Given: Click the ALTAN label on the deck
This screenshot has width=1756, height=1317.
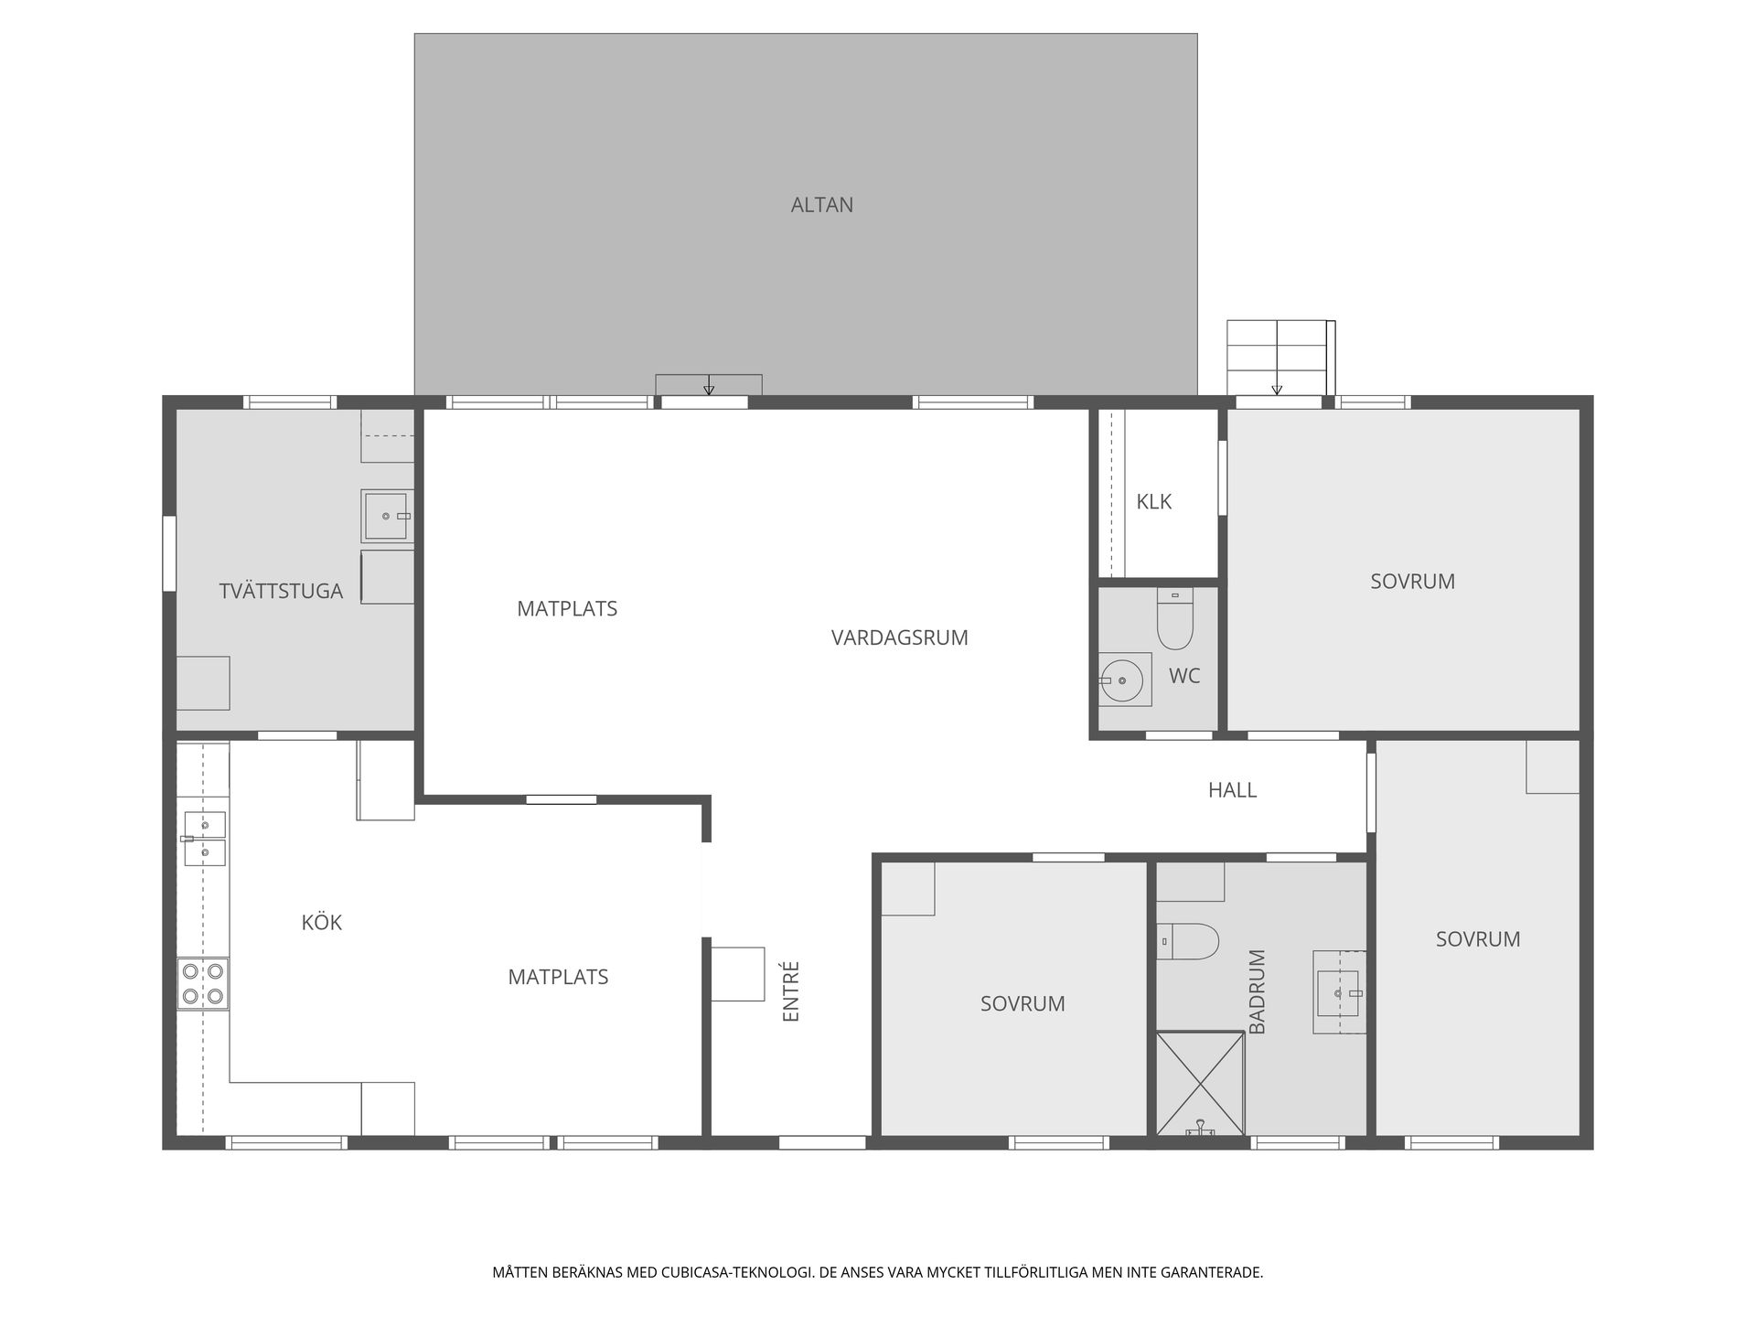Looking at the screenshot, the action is [821, 205].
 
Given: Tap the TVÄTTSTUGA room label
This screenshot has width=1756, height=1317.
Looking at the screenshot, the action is [281, 591].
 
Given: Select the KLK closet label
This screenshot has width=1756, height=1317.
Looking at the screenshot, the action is [1153, 501].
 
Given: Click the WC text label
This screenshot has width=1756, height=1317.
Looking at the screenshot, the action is [1184, 676].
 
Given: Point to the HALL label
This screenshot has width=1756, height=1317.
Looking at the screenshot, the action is [1232, 790].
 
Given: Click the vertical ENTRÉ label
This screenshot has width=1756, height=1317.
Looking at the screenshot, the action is [792, 990].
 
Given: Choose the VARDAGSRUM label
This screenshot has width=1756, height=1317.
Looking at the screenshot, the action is [899, 637].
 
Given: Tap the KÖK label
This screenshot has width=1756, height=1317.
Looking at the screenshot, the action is [321, 922].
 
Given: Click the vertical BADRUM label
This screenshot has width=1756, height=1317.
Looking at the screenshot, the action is [1258, 991].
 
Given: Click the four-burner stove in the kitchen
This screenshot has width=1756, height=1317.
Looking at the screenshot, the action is [203, 983].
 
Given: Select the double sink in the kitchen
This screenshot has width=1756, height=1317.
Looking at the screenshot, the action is [205, 839].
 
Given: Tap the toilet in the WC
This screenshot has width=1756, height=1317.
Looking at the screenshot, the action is [1175, 618].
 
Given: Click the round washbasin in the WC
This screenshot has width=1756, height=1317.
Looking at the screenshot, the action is [1121, 680].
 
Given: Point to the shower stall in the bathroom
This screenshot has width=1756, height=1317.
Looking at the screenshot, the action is [1201, 1084].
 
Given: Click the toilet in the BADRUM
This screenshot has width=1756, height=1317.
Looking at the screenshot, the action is [1188, 942].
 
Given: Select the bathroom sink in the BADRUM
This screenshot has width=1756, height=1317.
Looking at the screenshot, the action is [1340, 992].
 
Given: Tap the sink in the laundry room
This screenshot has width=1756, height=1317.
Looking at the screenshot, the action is [387, 516].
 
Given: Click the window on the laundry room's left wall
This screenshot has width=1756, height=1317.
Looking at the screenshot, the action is [169, 553].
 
